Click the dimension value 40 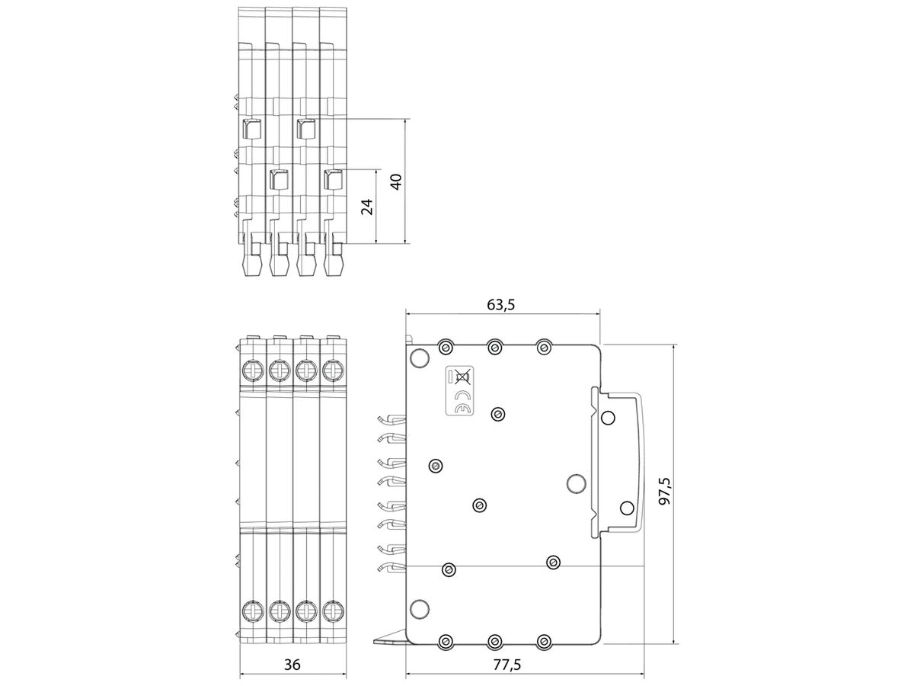395,182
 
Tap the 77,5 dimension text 507,665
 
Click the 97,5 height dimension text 664,493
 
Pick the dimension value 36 292,665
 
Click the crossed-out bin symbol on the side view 462,376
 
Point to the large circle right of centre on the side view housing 577,482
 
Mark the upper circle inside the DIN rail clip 608,418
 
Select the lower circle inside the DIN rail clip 626,508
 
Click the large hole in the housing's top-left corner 418,359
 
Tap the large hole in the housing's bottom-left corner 418,607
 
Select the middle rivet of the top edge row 495,348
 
